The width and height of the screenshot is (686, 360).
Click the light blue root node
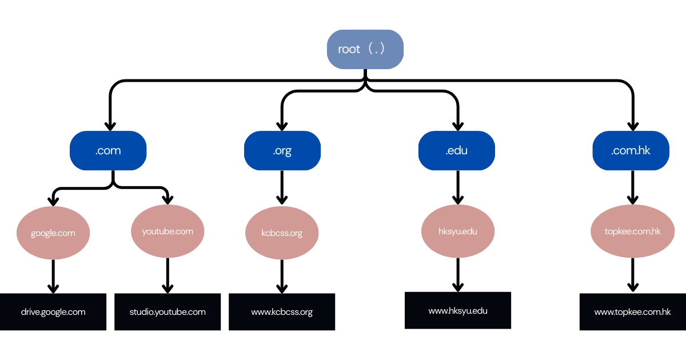(x=365, y=49)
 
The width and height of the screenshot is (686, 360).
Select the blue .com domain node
(x=108, y=151)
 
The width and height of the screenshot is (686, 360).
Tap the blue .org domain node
(x=282, y=151)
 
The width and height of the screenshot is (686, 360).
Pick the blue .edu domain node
(x=456, y=151)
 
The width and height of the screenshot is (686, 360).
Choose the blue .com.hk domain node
(x=631, y=151)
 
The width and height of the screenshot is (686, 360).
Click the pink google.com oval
(x=53, y=233)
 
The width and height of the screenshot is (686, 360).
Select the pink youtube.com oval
(x=167, y=231)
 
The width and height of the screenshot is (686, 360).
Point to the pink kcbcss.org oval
(x=282, y=233)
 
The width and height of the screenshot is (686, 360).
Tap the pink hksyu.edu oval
(x=457, y=231)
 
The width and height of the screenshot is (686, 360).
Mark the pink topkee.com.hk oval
(x=632, y=231)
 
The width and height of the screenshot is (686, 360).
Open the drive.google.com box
(x=53, y=312)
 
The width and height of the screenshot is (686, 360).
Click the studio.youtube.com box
(x=167, y=312)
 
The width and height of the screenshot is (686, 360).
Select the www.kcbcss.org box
(x=282, y=312)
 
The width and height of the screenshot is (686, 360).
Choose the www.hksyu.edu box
(x=457, y=311)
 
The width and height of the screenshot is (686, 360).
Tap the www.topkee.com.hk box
(x=632, y=312)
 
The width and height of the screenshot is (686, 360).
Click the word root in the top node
(x=349, y=50)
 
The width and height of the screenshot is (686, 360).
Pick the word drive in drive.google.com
(x=30, y=312)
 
